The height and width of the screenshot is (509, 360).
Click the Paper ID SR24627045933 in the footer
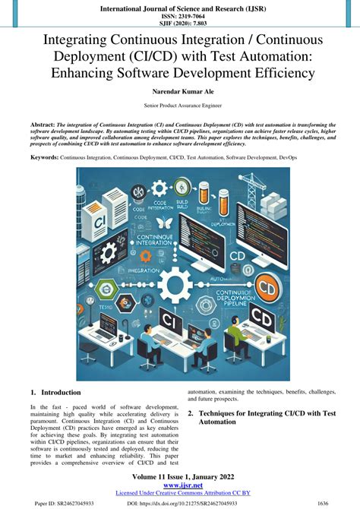click(65, 502)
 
